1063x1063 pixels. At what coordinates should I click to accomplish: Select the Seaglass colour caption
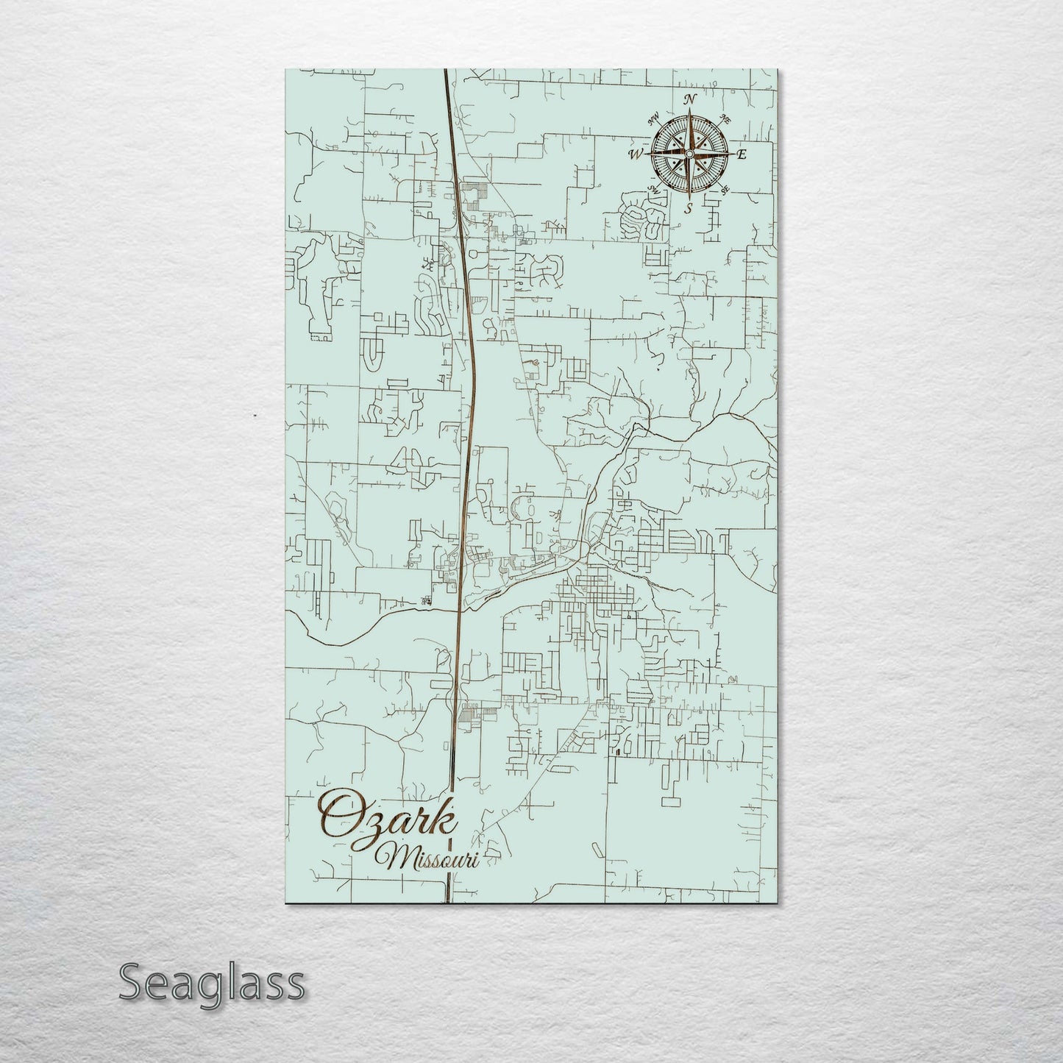point(212,982)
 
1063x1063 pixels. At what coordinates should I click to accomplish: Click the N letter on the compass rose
point(690,99)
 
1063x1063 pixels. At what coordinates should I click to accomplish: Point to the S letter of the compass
point(689,208)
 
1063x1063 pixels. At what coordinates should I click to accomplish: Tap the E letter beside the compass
point(742,154)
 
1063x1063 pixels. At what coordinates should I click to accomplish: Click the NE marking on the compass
point(725,119)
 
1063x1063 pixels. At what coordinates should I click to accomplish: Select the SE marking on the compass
point(725,190)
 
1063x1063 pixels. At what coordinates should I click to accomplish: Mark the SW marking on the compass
point(653,189)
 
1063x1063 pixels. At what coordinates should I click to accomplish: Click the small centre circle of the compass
point(689,154)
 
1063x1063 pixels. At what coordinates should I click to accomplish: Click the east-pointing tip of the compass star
point(732,154)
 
